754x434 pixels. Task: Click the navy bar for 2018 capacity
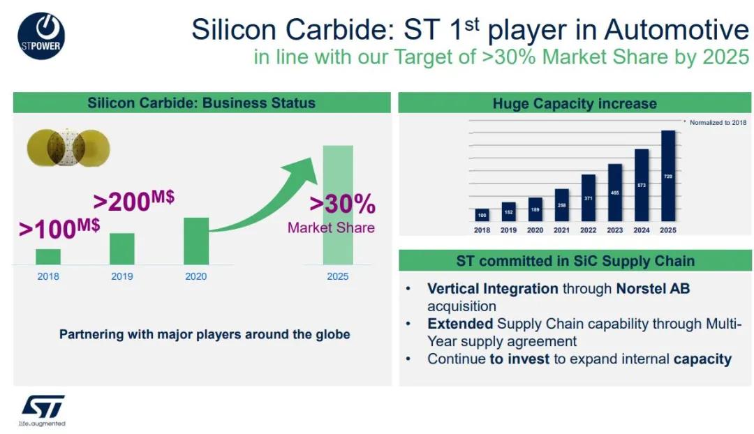[x=482, y=215]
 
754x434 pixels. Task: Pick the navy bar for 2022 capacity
[x=589, y=198]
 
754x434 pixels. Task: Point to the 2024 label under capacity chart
[x=641, y=230]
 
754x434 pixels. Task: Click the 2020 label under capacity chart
[x=535, y=230]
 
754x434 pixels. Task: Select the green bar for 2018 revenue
[x=48, y=257]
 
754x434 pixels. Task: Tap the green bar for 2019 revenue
[x=122, y=249]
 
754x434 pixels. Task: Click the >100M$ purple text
[x=59, y=227]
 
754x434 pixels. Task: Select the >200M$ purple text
[x=133, y=200]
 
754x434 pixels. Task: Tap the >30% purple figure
[x=342, y=204]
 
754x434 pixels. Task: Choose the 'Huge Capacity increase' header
[x=575, y=103]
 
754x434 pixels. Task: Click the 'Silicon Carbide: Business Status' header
[x=201, y=103]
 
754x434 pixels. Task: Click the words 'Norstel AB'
[x=653, y=288]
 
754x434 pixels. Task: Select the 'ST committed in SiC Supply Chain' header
[x=575, y=261]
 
